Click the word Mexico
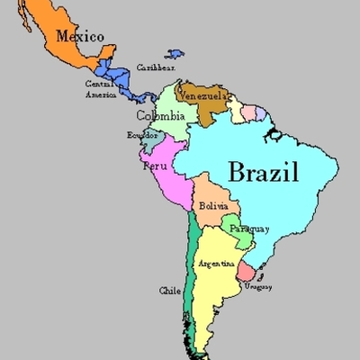click(79, 37)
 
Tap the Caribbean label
click(155, 67)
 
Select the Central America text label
click(99, 89)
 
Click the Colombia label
click(161, 116)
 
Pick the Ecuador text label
click(142, 135)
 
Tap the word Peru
click(154, 166)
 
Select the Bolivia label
click(213, 207)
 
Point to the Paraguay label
click(247, 229)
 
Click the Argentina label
click(216, 264)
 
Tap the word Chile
click(169, 291)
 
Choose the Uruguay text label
click(257, 286)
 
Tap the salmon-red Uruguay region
click(245, 271)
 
